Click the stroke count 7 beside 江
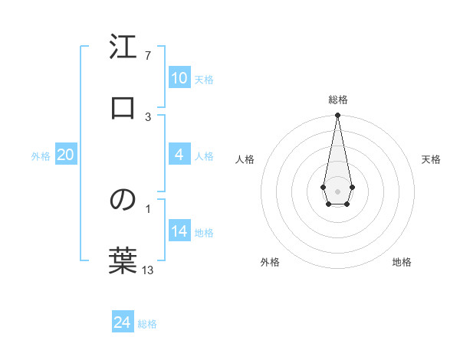coord(148,56)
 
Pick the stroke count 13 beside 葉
coord(148,270)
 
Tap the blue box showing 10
coord(179,78)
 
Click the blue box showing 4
coord(179,155)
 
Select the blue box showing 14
coord(179,231)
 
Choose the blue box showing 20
coord(65,155)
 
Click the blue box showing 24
coord(123,322)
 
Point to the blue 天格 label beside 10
coord(204,80)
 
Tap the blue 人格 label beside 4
coord(204,156)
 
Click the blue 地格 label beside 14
coord(204,233)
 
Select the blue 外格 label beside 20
coord(41,156)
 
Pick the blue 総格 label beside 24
coord(147,324)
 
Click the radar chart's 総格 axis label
coord(337,100)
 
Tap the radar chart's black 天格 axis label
coord(432,159)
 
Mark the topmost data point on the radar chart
coord(337,115)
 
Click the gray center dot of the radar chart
coord(337,190)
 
